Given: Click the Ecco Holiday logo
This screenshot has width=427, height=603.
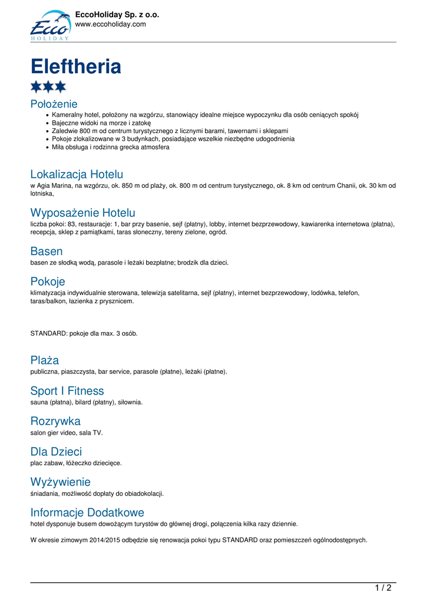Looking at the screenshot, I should click(x=50, y=25).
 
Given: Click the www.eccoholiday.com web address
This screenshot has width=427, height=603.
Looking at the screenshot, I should click(x=110, y=24).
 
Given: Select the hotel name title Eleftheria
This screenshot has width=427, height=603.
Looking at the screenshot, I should click(x=76, y=66).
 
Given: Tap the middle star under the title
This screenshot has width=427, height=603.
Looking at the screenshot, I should click(x=48, y=87).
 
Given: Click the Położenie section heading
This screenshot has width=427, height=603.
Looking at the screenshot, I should click(x=54, y=104).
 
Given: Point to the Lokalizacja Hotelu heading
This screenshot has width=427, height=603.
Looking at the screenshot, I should click(x=77, y=174).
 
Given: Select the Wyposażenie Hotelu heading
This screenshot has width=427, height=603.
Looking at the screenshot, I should click(x=82, y=213).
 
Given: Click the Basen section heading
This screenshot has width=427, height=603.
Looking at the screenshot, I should click(x=47, y=251).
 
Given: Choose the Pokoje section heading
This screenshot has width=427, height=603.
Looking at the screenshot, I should click(x=48, y=281).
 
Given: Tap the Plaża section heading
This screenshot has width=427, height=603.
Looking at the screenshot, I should click(x=45, y=360).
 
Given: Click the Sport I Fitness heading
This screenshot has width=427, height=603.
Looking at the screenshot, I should click(x=67, y=391).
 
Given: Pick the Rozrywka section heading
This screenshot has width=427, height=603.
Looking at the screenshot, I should click(x=55, y=422).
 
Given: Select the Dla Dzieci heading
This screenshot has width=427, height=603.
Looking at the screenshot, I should click(x=56, y=452).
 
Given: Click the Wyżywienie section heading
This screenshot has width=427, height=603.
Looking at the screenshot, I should click(x=60, y=482).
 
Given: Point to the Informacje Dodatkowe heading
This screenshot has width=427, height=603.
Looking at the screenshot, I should click(x=87, y=512).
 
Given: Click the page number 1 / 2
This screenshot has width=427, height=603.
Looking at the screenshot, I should click(x=383, y=587).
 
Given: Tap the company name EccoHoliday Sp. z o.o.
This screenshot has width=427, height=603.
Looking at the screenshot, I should click(x=117, y=14).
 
